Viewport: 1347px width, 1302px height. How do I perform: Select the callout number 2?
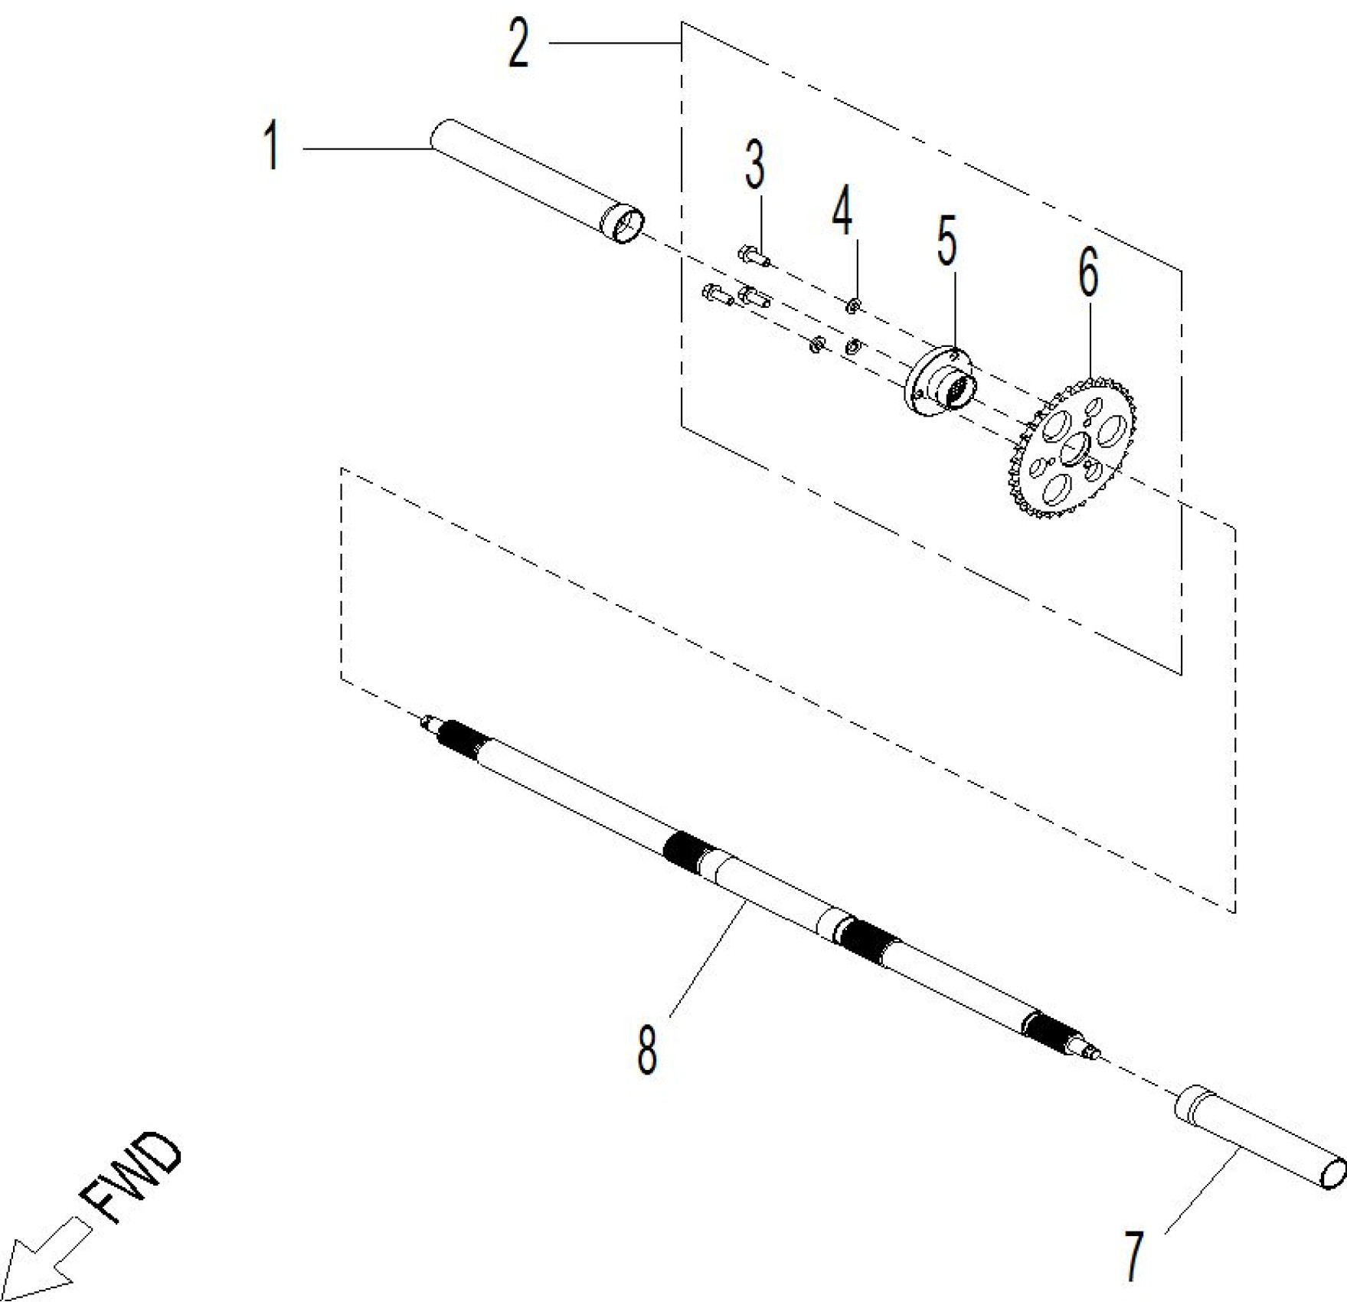coord(519,43)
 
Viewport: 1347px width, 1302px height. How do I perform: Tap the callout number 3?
coord(755,165)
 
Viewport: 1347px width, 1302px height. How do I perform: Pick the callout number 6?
coord(1088,273)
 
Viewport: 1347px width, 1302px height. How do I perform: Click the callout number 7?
coord(1133,1255)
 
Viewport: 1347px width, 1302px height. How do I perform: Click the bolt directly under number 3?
coord(754,255)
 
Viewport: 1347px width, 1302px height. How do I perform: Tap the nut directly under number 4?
coord(854,306)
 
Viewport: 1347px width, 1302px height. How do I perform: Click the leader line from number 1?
coord(366,147)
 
